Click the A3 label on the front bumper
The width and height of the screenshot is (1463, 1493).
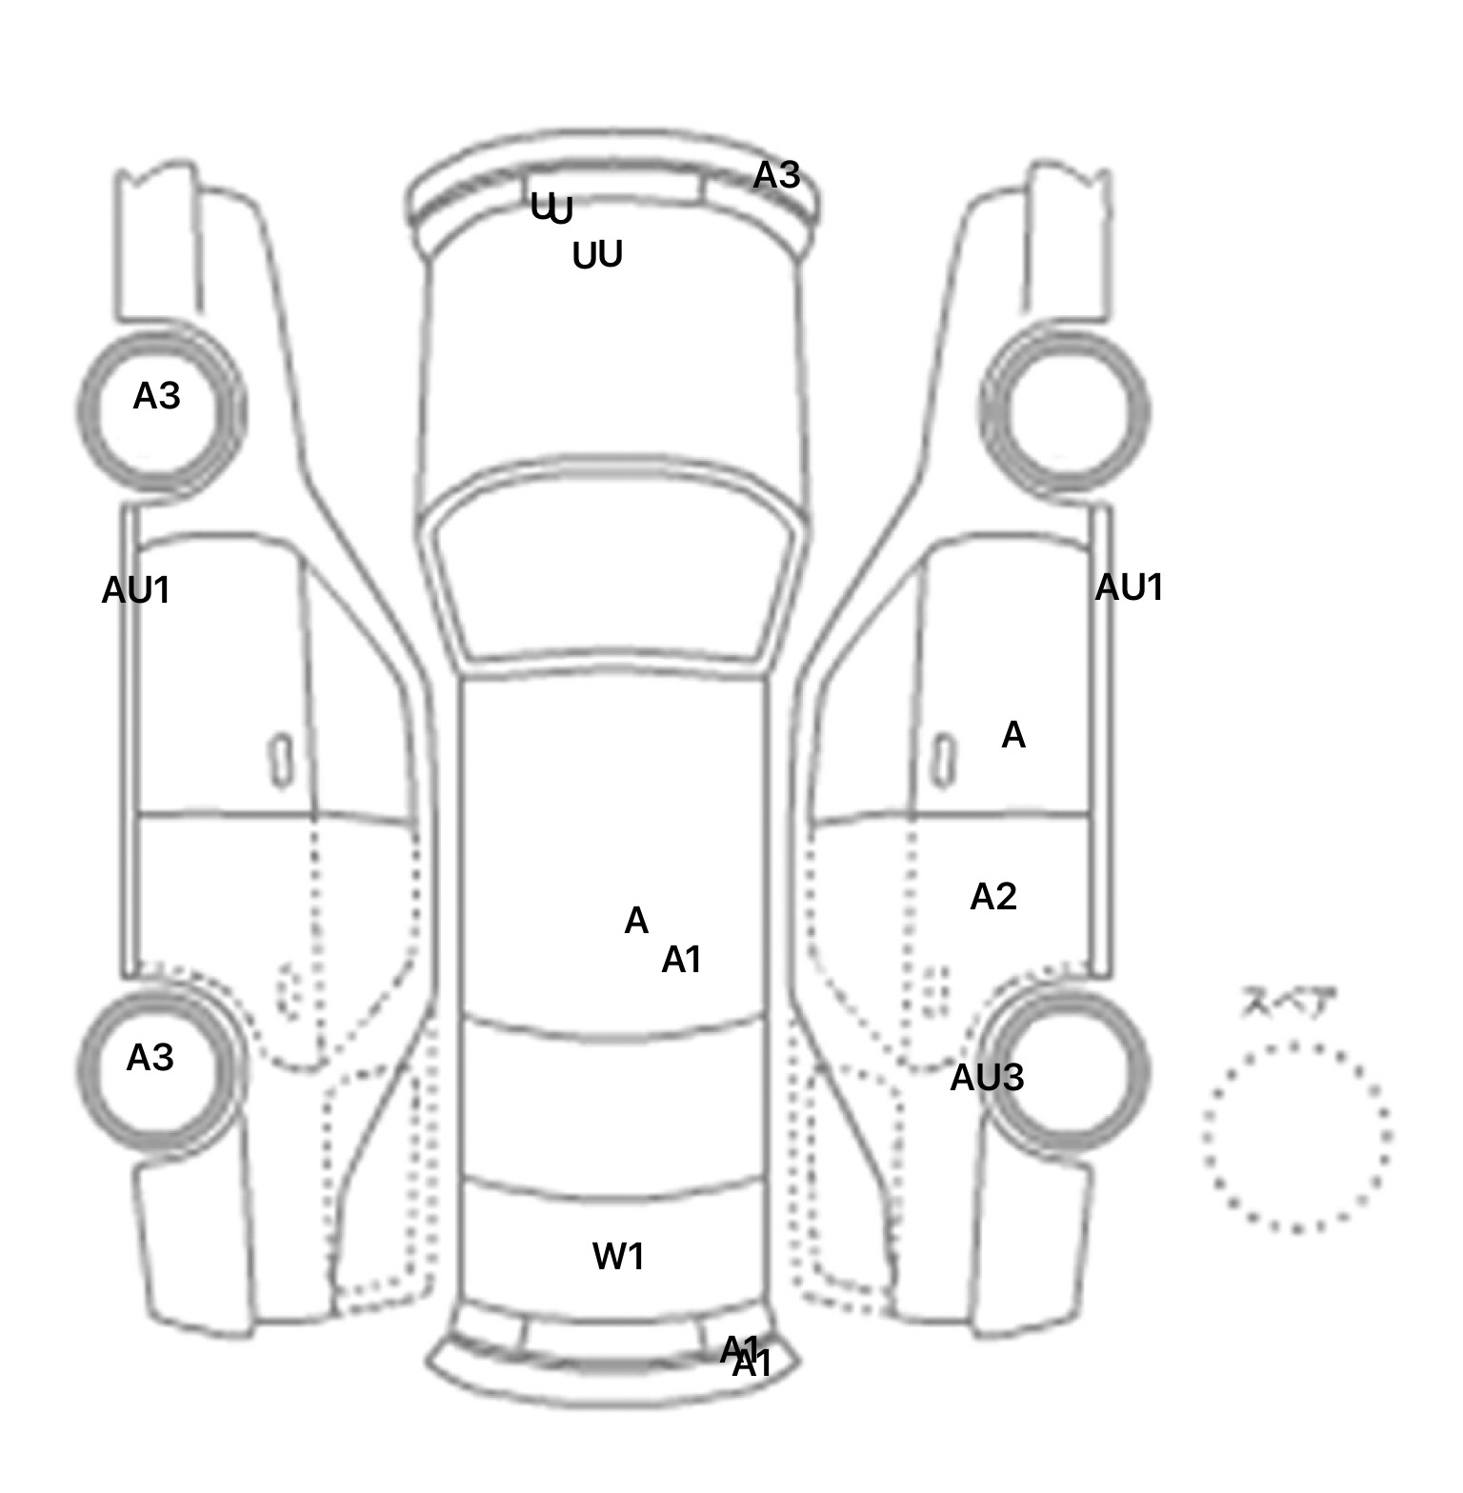776,176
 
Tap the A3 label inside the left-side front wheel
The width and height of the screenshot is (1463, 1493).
156,396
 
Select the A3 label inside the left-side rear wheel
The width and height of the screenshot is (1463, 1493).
150,1058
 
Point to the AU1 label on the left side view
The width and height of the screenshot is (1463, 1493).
136,591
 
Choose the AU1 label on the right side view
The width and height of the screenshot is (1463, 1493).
1129,588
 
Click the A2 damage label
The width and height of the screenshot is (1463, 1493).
993,897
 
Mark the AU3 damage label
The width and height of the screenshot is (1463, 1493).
987,1078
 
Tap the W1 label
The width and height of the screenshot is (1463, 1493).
619,1258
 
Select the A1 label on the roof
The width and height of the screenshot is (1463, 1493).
682,961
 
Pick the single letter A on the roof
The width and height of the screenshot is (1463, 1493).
636,921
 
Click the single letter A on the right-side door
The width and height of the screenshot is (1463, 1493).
1013,736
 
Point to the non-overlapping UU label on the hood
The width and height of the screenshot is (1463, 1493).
597,255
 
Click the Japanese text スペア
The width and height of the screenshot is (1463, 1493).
1288,1003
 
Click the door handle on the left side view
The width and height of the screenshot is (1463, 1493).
282,760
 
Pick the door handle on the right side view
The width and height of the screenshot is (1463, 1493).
943,762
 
